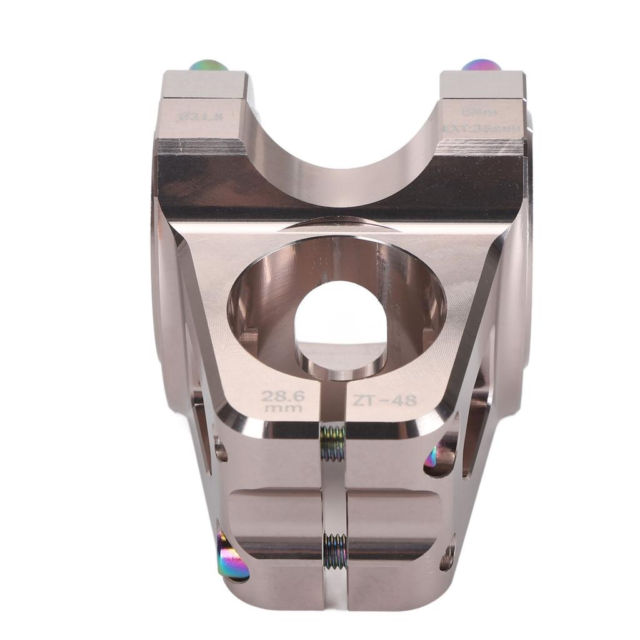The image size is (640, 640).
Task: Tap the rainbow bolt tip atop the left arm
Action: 209,65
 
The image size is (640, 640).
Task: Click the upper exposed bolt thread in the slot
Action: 334,442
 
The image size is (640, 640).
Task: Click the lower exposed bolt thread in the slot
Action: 335,550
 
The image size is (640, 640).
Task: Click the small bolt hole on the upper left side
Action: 221,450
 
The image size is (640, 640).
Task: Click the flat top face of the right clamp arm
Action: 482,84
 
